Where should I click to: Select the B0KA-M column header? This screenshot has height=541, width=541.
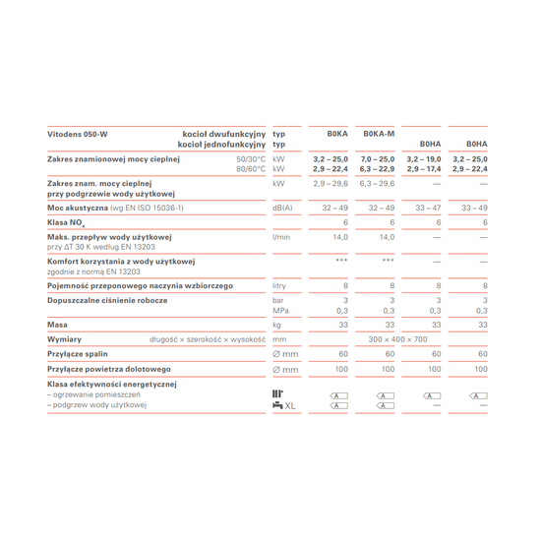(379, 134)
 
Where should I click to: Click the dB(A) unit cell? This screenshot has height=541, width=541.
(282, 209)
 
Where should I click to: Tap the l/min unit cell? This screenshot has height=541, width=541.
(281, 237)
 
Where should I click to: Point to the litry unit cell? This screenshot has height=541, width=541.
(281, 285)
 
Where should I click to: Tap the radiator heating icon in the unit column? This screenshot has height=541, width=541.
(277, 394)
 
